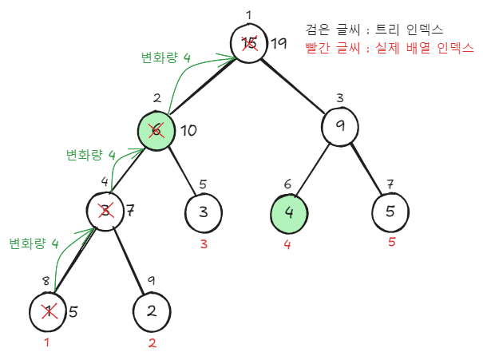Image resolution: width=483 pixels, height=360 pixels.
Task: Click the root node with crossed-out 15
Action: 249,43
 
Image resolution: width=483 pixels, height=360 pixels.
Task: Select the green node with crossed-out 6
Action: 156,129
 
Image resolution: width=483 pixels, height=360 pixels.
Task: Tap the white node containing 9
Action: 341,126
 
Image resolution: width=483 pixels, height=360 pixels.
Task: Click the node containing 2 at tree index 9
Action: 152,311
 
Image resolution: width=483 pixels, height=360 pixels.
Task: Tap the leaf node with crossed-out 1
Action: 48,312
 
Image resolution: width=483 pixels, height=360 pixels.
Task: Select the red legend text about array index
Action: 389,48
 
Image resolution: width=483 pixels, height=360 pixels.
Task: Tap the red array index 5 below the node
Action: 391,241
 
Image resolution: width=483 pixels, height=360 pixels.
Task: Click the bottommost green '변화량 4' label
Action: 34,243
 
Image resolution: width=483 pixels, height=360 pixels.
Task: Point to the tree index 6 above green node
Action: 288,184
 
